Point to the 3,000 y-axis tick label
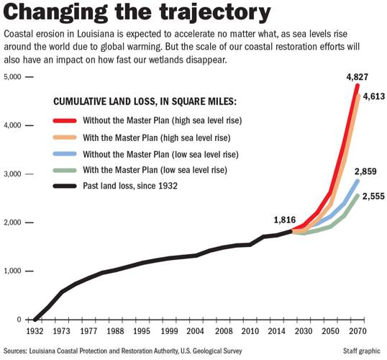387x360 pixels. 14,174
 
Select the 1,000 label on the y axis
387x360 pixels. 14,271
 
